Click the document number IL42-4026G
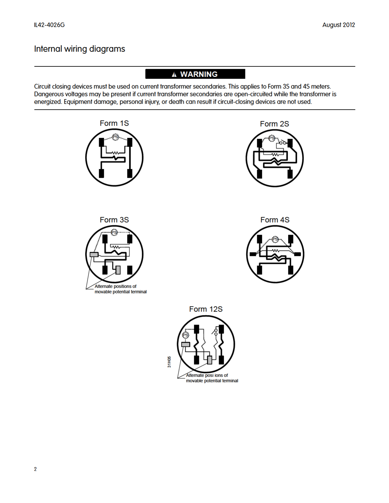49,25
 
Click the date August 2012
338,25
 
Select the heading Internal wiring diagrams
79,49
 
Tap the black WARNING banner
195,74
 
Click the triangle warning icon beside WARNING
174,75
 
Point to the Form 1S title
114,123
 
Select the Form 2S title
274,124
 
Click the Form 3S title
114,220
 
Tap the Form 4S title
275,220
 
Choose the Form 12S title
206,309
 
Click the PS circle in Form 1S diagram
115,137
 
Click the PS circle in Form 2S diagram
272,138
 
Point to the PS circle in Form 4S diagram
275,239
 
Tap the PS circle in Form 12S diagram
186,335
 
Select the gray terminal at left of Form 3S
94,254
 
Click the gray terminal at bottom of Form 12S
209,360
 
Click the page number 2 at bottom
35,469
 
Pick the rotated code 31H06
169,362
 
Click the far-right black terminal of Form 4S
297,254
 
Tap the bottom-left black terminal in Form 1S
101,173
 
